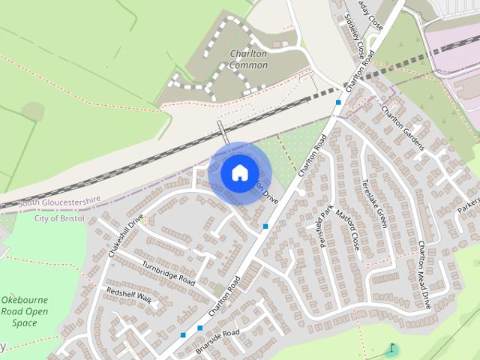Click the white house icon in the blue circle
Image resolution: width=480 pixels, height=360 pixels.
tap(239, 172)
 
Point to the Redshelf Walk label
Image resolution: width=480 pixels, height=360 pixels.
tap(129, 295)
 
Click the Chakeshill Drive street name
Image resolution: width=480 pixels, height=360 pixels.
tap(125, 236)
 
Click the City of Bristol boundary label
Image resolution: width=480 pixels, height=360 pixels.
tap(61, 218)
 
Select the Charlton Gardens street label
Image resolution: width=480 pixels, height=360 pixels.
tap(403, 127)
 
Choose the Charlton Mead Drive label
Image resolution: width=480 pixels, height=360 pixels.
tap(424, 274)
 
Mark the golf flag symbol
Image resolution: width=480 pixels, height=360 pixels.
tap(391, 349)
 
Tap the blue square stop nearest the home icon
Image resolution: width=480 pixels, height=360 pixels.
tap(265, 226)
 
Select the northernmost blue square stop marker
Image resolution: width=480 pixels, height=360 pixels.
tap(339, 102)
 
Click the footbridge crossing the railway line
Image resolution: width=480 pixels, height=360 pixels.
tap(222, 133)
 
